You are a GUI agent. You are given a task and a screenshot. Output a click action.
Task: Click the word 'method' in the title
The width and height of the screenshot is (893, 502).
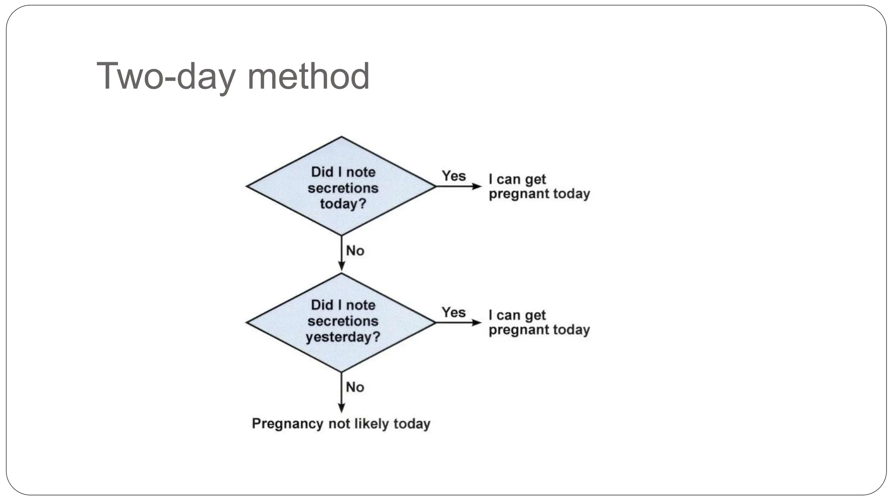[x=308, y=77]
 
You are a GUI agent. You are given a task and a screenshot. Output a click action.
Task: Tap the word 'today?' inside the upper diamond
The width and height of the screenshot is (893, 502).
[x=343, y=204]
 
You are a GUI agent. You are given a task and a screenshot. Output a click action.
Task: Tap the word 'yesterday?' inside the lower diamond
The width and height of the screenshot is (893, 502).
[x=343, y=337]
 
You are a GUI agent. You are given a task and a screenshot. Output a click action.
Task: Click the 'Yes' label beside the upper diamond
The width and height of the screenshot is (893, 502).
[x=454, y=176]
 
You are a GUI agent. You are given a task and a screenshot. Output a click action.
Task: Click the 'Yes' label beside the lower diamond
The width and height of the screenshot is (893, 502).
[x=453, y=312]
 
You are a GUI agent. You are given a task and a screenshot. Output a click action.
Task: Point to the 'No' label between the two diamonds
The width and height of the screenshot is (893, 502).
[x=355, y=251]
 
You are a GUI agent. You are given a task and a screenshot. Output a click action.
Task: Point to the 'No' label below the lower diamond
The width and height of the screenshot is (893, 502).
[x=355, y=387]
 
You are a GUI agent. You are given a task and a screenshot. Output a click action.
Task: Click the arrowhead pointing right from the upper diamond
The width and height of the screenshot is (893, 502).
[x=477, y=187]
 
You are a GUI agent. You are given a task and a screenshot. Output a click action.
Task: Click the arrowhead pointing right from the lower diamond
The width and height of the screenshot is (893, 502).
[x=477, y=323]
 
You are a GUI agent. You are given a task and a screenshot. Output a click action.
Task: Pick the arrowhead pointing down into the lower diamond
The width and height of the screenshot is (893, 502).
[x=341, y=266]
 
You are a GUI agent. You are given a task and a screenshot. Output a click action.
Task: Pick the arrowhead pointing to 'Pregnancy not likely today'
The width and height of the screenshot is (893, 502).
[x=341, y=408]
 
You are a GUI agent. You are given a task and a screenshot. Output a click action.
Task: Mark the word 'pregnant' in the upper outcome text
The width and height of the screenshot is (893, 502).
[x=513, y=194]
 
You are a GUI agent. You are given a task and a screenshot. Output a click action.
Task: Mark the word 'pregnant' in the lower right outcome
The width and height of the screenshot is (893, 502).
[x=513, y=330]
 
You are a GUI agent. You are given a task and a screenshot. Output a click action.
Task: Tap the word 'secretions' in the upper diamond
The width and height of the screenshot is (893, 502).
[x=343, y=188]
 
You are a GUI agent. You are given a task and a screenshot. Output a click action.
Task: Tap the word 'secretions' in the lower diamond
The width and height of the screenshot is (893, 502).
[x=343, y=321]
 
